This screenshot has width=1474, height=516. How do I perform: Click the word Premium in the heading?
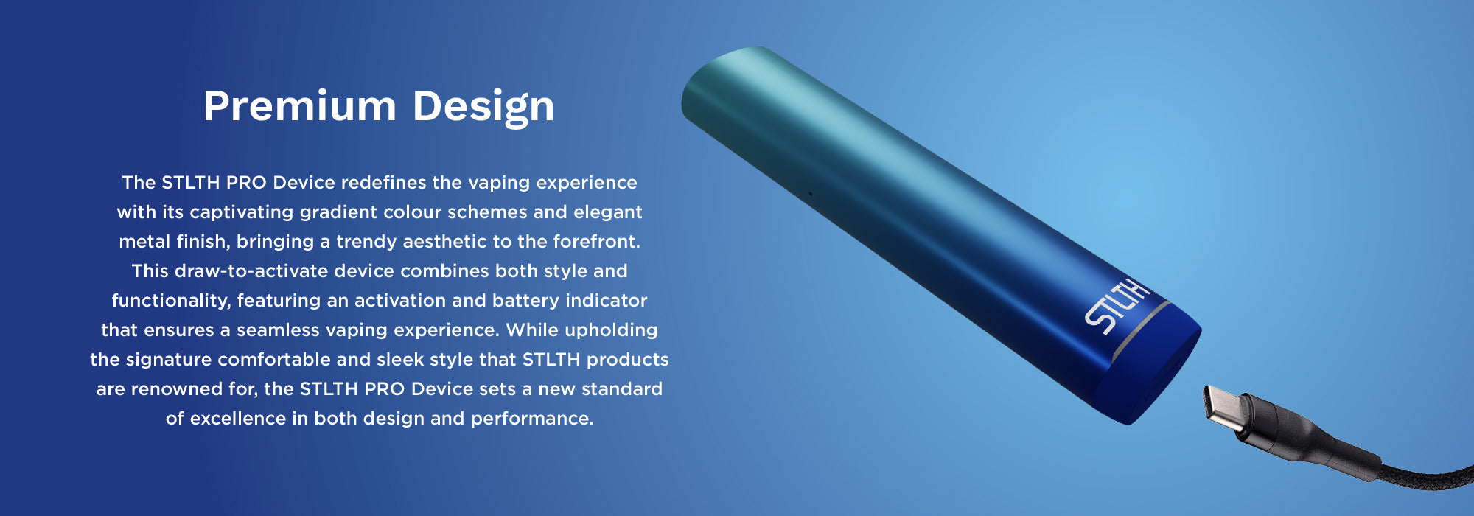(x=299, y=106)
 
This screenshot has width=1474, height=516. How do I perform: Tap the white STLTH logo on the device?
(x=1116, y=305)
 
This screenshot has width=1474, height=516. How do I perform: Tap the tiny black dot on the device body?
(x=810, y=194)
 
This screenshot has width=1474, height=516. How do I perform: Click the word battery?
(x=525, y=301)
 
